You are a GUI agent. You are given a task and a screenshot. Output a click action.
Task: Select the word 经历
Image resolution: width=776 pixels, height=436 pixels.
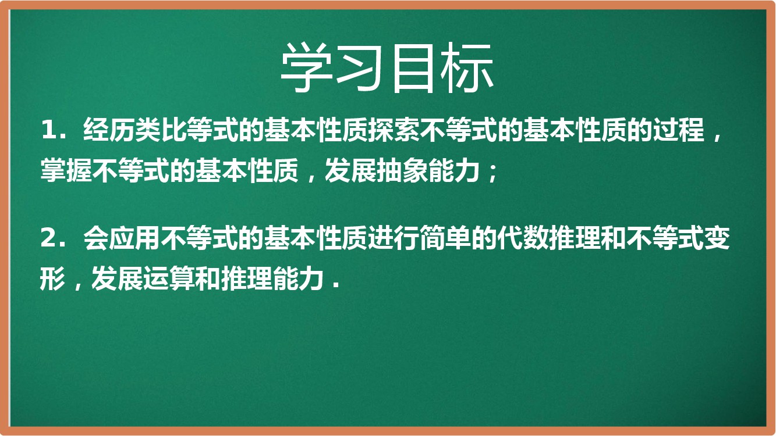pos(109,130)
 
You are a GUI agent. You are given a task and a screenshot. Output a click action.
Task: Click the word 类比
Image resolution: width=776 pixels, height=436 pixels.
pos(161,130)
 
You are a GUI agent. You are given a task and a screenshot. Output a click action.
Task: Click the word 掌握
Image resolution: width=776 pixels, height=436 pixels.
pos(66,170)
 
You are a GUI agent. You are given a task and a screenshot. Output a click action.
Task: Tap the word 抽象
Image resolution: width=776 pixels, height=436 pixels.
pos(402,170)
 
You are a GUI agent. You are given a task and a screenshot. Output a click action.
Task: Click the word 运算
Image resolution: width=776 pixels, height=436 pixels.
pos(169,278)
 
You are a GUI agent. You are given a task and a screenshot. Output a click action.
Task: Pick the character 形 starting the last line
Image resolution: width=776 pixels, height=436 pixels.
pos(53,278)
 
